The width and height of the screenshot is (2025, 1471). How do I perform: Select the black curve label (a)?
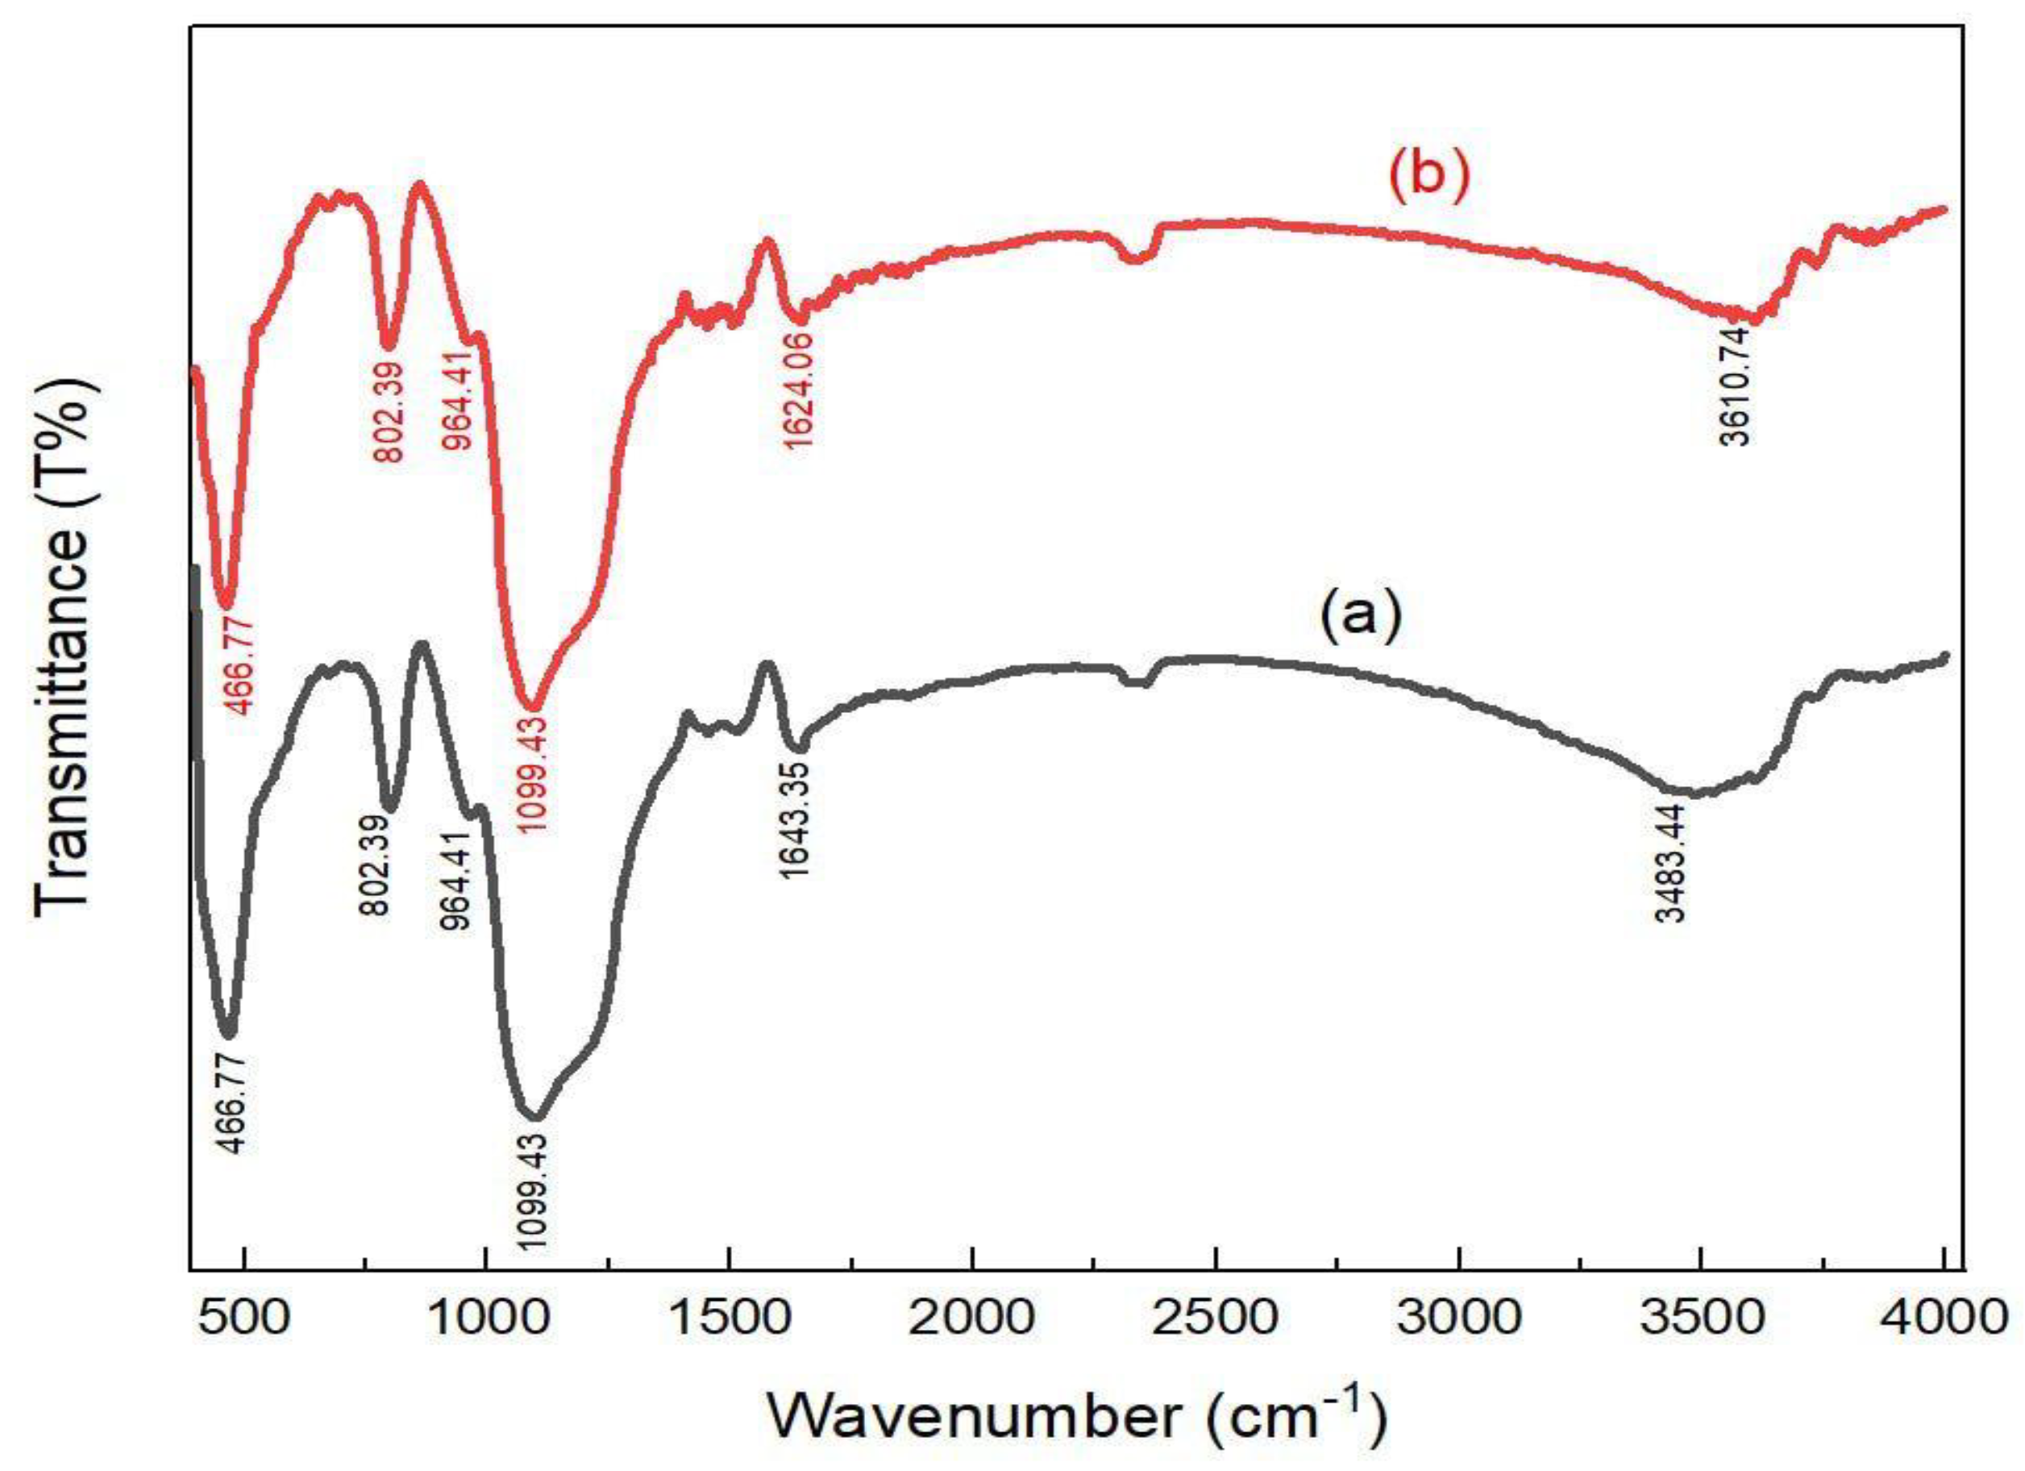coord(1361,618)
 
